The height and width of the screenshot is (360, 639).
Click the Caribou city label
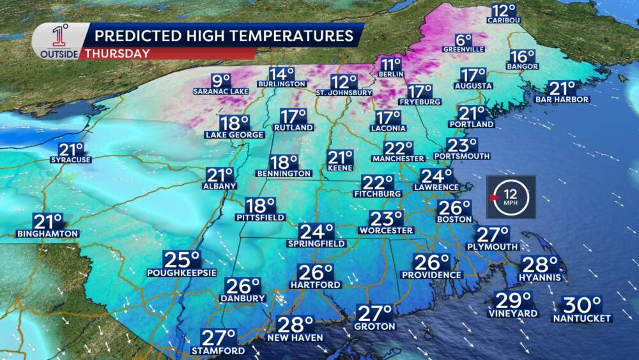[x=504, y=20]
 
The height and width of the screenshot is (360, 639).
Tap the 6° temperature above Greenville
[x=464, y=38]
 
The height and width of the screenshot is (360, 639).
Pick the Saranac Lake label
[x=220, y=91]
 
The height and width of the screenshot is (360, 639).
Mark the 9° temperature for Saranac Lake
[x=220, y=81]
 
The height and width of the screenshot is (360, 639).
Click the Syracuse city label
[x=71, y=159]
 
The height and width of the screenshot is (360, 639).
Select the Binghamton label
[x=48, y=233]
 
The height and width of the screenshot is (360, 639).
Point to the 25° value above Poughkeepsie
[x=182, y=260]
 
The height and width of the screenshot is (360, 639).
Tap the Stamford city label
[x=219, y=351]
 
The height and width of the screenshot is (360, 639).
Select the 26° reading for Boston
[x=454, y=208]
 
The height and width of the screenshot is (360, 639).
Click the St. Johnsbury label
[x=344, y=92]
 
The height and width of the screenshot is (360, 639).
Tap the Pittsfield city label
[x=261, y=217]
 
